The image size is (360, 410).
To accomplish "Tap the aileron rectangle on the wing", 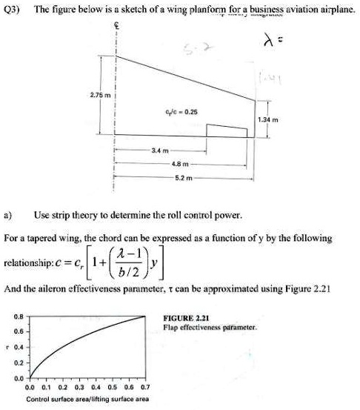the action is point(227,131).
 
